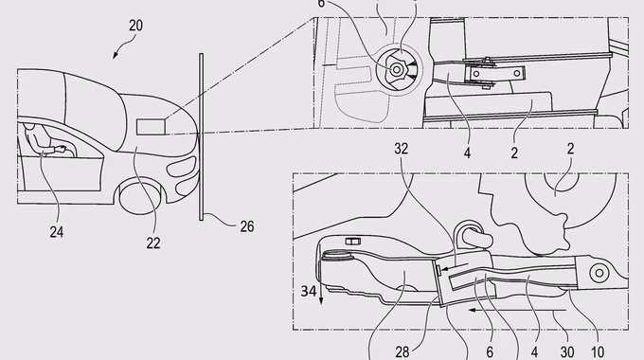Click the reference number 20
[136, 26]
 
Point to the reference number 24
[57, 232]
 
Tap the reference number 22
[153, 243]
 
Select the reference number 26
[247, 226]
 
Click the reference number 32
[402, 149]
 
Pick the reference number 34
[309, 291]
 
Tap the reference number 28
[402, 351]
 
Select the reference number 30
[567, 351]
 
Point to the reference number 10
[598, 351]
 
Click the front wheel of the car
[142, 198]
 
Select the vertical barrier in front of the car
[201, 136]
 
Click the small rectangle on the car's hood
[151, 127]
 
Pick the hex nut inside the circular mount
[396, 70]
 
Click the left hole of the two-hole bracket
[476, 74]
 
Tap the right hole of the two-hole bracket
[517, 74]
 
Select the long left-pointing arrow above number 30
[518, 310]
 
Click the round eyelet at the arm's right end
[599, 273]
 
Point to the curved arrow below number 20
[124, 46]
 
